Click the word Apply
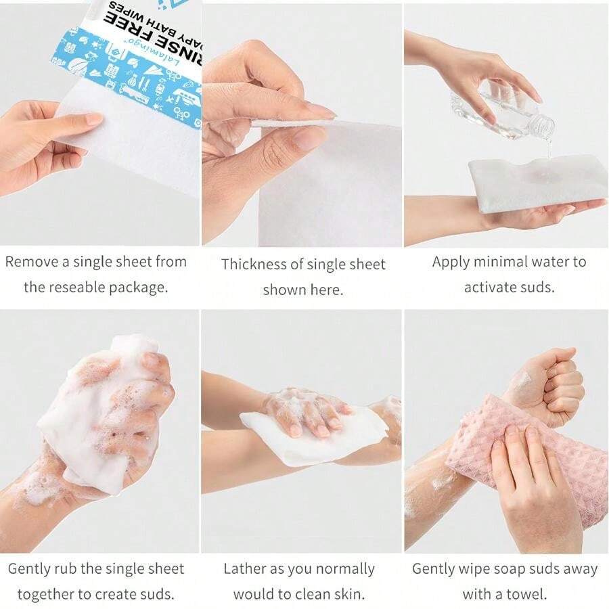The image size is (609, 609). pos(453,262)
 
